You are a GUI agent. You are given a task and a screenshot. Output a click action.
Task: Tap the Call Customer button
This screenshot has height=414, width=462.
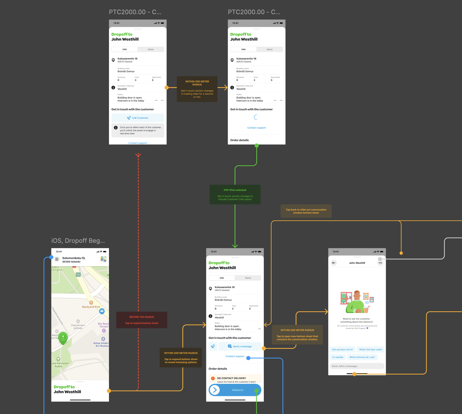pyautogui.click(x=138, y=118)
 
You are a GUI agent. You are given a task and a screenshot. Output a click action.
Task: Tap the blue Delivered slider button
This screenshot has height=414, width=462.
pyautogui.click(x=235, y=390)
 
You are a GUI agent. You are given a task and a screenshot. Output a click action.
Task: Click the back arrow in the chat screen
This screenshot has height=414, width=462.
pyautogui.click(x=334, y=263)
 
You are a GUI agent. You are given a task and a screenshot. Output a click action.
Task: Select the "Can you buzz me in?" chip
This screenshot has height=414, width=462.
pyautogui.click(x=342, y=350)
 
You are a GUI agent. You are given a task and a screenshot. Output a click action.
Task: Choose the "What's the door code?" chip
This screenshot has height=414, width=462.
pyautogui.click(x=370, y=350)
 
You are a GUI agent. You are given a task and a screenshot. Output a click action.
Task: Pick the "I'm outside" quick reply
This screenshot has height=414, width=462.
pyautogui.click(x=337, y=357)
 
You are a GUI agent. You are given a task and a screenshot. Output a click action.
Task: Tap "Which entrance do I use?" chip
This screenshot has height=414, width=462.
pyautogui.click(x=362, y=357)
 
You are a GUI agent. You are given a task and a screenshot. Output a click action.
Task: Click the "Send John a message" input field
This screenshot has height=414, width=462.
pyautogui.click(x=357, y=366)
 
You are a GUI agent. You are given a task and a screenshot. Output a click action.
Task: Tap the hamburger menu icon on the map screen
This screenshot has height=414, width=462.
pyautogui.click(x=57, y=259)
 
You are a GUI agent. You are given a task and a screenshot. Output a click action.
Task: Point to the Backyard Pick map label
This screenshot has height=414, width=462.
pyautogui.click(x=91, y=307)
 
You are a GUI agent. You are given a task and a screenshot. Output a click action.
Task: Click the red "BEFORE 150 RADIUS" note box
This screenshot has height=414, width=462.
pyautogui.click(x=141, y=320)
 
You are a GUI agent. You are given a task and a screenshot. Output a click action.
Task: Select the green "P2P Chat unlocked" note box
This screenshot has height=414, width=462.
pyautogui.click(x=235, y=195)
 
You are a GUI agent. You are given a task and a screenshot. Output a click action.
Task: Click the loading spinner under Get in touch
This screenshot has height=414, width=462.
pyautogui.click(x=257, y=117)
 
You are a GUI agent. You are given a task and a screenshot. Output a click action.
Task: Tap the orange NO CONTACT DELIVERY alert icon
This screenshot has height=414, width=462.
pyautogui.click(x=213, y=378)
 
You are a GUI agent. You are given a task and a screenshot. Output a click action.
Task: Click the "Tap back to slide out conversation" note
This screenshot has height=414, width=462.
pyautogui.click(x=306, y=211)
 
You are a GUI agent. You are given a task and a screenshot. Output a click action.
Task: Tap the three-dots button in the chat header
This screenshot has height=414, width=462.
pyautogui.click(x=380, y=263)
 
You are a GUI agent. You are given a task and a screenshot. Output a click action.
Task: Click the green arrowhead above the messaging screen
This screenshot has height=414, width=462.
pyautogui.click(x=235, y=246)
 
